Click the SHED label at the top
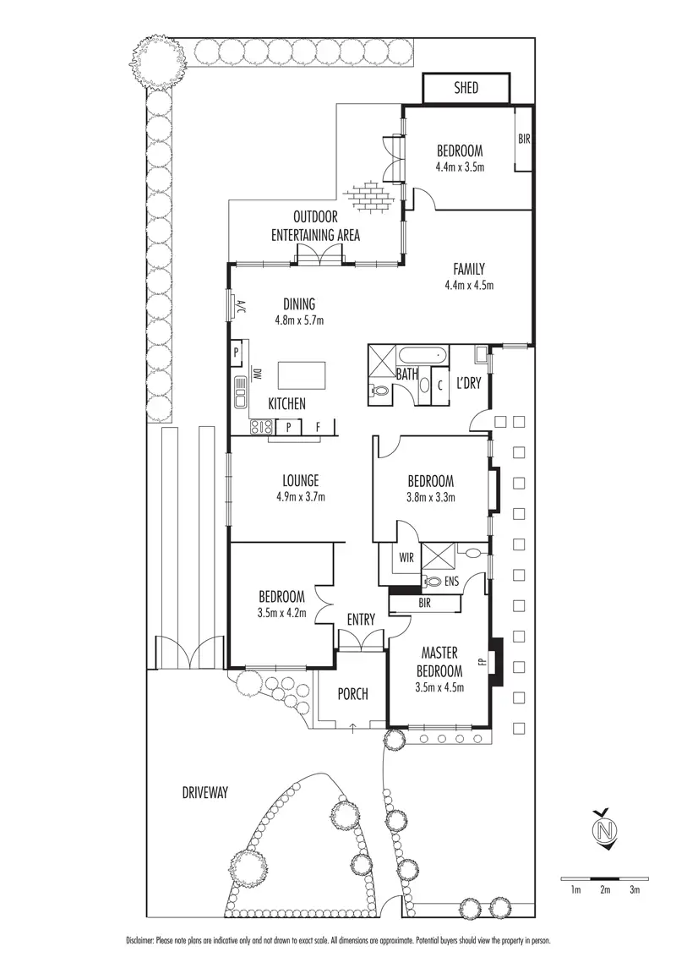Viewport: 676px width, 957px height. pos(466,88)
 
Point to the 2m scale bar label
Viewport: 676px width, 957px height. pos(605,889)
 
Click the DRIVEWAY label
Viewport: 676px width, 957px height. pos(206,792)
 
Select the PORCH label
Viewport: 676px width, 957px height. pos(352,694)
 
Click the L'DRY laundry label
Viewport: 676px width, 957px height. pos(468,383)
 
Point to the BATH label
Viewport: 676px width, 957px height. pos(406,373)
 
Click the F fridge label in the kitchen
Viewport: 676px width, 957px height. pos(318,427)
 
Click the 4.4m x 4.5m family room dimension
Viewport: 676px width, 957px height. pos(468,285)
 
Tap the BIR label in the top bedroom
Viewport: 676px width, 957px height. pos(524,139)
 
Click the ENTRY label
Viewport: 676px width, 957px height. pos(361,620)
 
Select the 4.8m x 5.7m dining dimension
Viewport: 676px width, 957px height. pos(299,320)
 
